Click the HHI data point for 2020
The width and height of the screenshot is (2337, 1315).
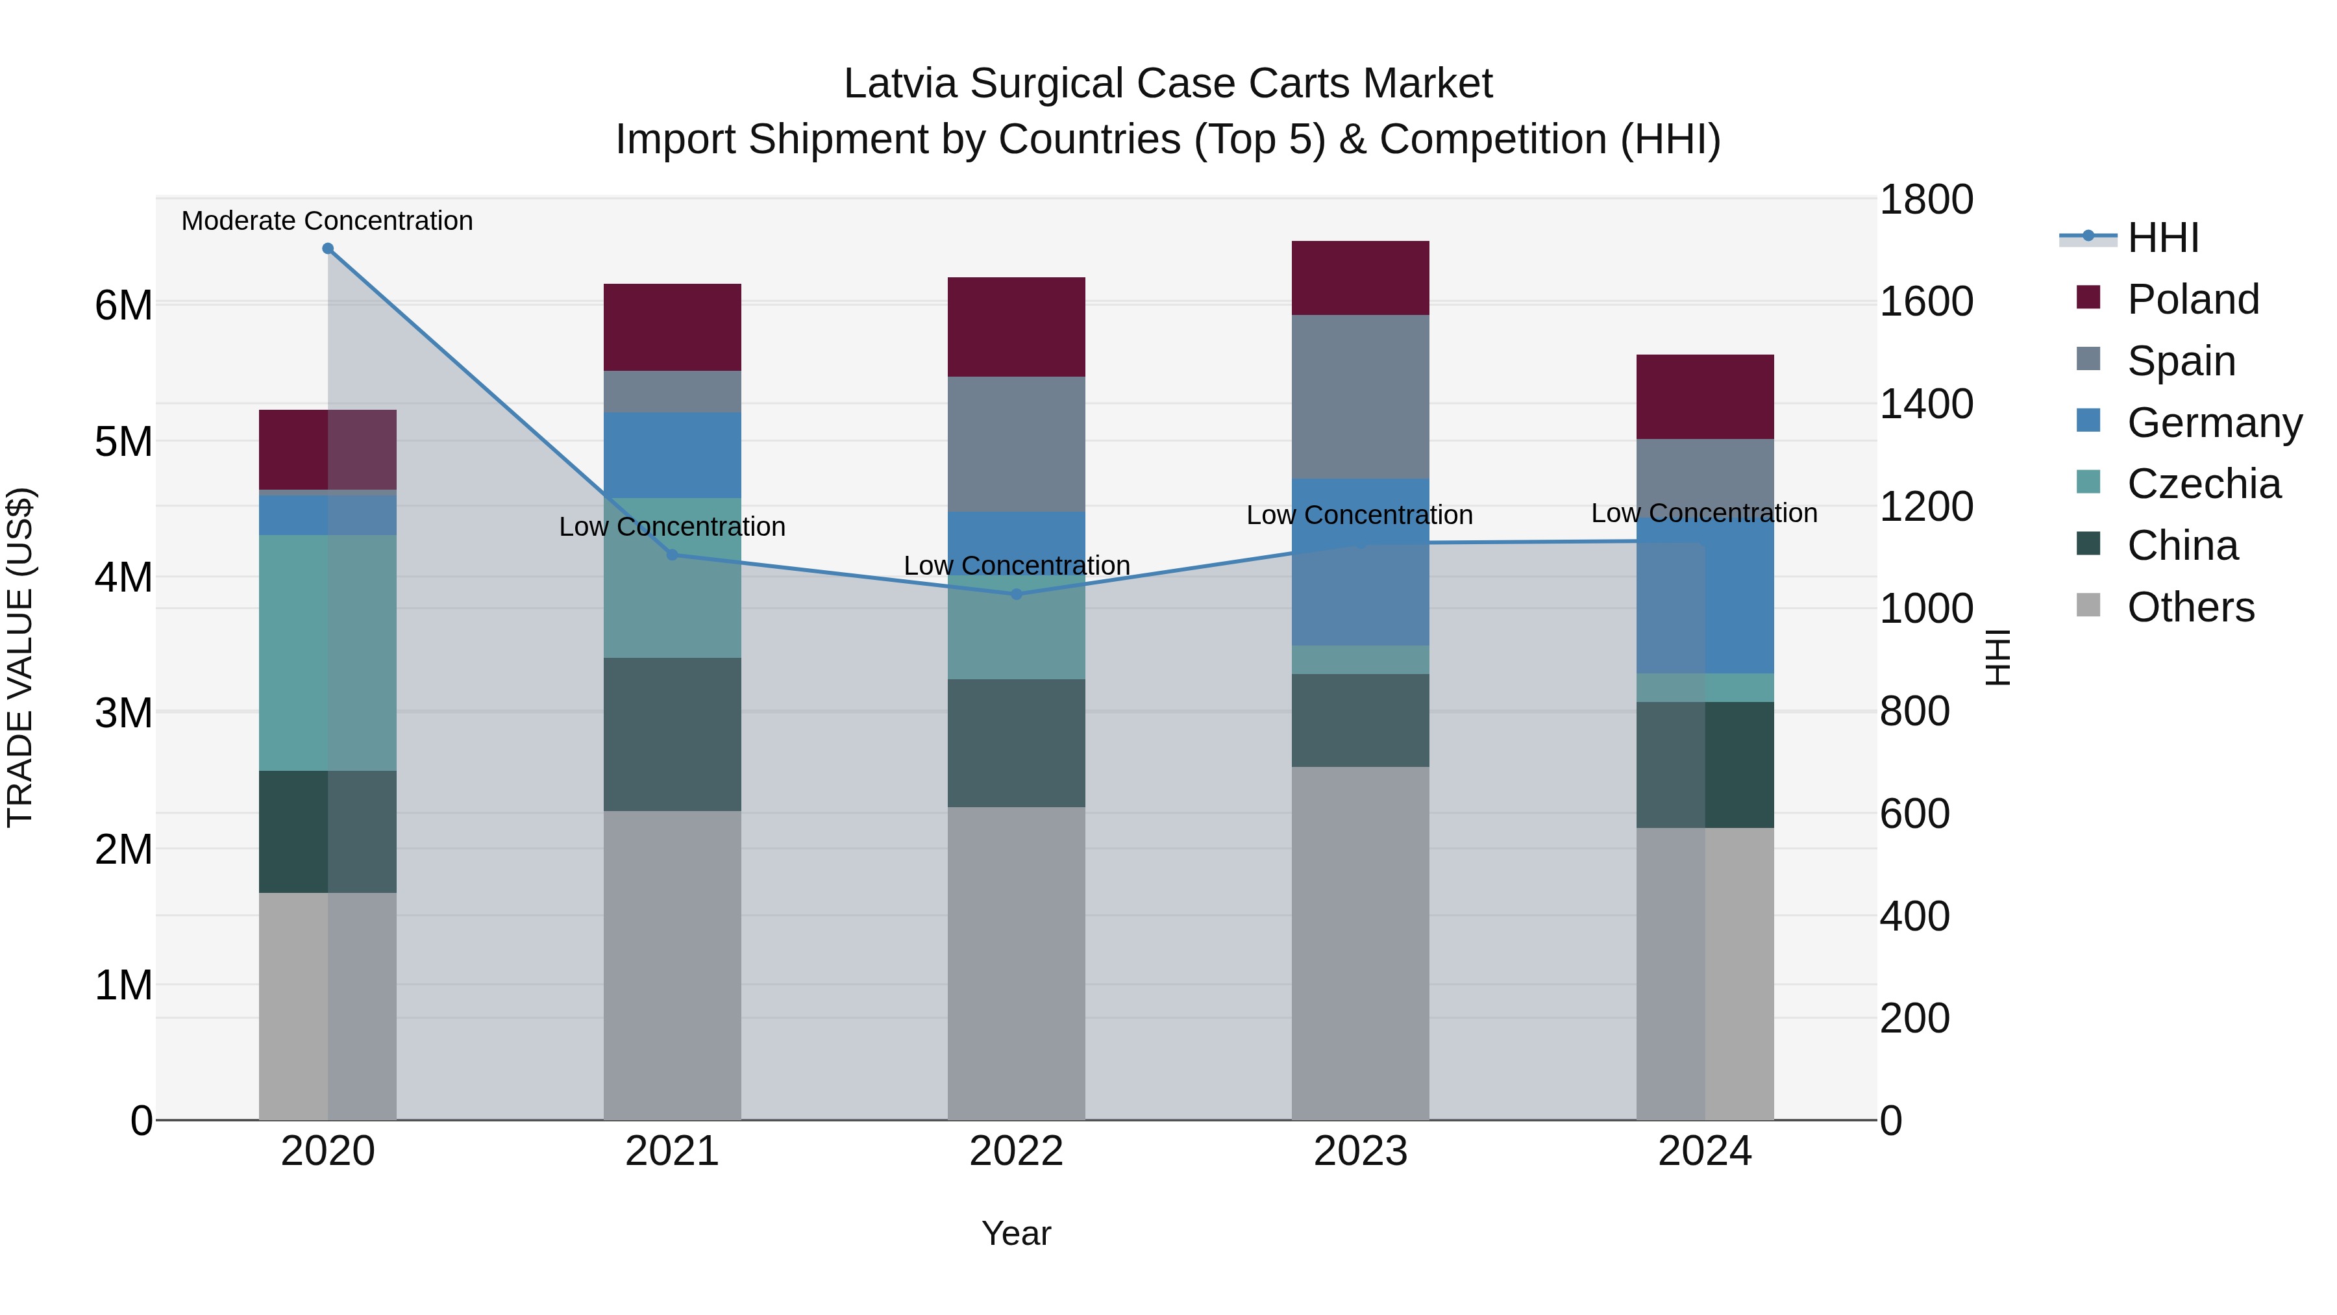click(328, 249)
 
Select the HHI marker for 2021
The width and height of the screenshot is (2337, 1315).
click(673, 555)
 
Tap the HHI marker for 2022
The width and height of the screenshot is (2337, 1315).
click(1016, 594)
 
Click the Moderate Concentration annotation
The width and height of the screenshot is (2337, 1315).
click(328, 221)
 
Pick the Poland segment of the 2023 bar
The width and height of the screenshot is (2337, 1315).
click(1360, 278)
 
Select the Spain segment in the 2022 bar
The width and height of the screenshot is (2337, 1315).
click(1016, 444)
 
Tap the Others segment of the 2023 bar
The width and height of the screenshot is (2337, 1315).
click(1360, 943)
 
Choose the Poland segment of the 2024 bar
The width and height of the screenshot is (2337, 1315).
click(1705, 397)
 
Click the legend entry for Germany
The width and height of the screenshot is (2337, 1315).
click(2214, 423)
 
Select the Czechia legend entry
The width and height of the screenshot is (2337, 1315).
click(2203, 484)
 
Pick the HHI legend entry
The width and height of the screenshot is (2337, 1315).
click(2163, 238)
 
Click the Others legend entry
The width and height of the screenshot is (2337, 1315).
click(2190, 608)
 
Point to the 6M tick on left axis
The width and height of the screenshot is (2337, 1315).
click(123, 305)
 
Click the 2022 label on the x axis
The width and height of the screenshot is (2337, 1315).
click(1016, 1151)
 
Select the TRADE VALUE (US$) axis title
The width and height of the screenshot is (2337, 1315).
click(20, 657)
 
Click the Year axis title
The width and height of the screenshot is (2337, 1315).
click(1016, 1233)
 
